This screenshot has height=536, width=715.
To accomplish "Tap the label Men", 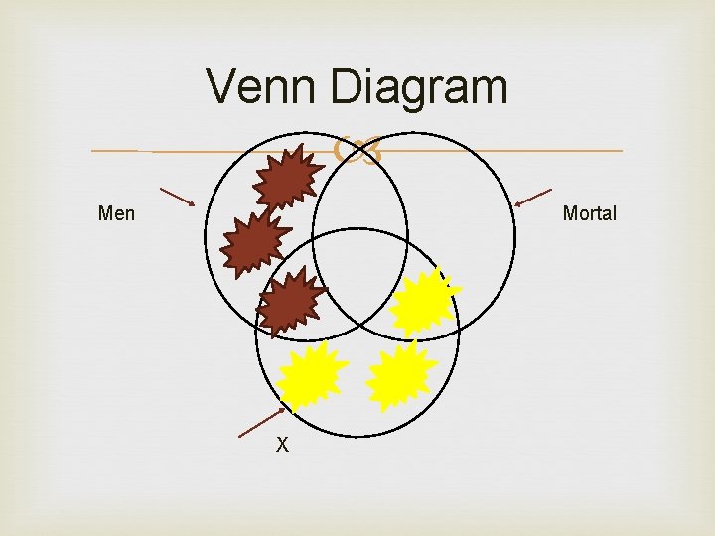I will [116, 213].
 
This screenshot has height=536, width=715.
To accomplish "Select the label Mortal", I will [589, 213].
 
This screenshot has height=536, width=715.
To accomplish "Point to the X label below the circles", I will [282, 446].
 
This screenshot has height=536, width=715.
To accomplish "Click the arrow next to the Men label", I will [177, 196].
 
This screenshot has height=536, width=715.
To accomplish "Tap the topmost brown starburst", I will [286, 177].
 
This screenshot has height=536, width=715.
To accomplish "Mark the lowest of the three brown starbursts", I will [291, 302].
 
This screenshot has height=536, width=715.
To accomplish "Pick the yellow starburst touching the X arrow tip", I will [310, 376].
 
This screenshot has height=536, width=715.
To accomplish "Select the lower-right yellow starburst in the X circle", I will [401, 376].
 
